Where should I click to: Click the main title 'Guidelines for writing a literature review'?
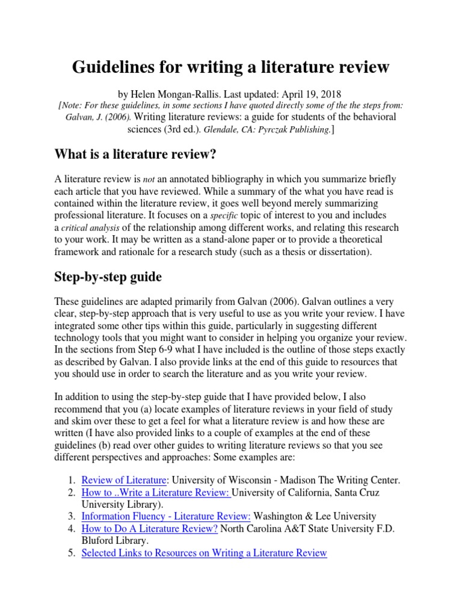click(x=231, y=67)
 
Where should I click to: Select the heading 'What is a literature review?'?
click(x=135, y=155)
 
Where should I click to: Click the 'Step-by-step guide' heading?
click(x=109, y=277)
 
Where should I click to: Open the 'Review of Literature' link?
click(x=123, y=480)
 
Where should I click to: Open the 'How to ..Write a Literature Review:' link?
click(x=156, y=492)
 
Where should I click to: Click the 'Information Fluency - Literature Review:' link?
click(x=165, y=516)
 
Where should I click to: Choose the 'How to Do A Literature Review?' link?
click(x=149, y=528)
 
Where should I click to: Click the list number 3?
click(x=71, y=516)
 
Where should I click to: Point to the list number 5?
click(x=71, y=552)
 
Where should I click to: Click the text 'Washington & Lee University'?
click(x=315, y=516)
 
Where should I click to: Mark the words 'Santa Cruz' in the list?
click(x=355, y=492)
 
